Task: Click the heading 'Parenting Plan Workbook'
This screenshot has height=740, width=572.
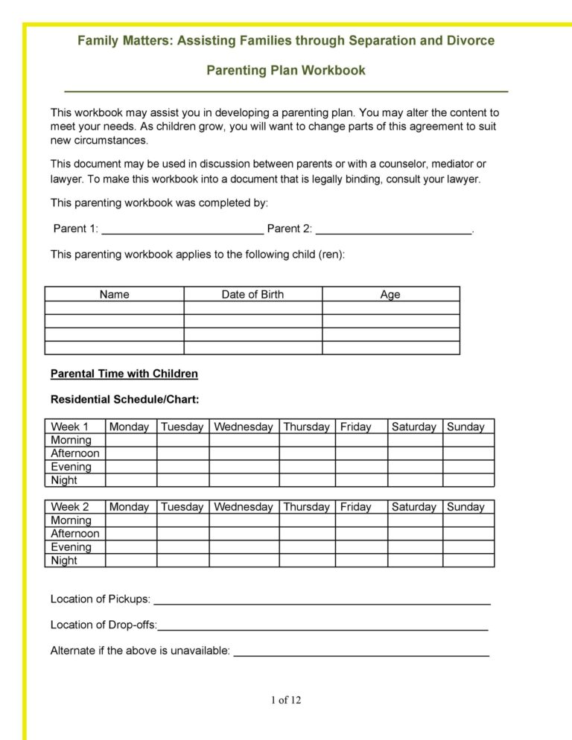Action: point(286,71)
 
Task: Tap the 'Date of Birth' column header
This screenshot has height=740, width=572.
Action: point(252,294)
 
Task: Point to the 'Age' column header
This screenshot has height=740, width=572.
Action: point(390,294)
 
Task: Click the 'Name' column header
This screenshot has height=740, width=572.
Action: point(114,294)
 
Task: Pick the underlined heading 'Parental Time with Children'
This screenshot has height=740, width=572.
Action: point(124,374)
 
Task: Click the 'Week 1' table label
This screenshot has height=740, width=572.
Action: point(69,427)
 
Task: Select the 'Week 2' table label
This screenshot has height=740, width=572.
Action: point(69,507)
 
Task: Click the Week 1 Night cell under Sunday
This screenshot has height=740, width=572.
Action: point(468,480)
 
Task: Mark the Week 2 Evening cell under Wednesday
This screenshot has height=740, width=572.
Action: point(244,547)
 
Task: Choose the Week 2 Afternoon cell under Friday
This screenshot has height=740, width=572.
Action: point(361,534)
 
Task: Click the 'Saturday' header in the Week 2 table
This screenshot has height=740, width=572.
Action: point(413,507)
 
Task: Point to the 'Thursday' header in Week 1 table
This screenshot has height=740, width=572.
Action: point(306,427)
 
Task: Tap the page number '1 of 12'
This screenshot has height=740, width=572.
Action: point(286,700)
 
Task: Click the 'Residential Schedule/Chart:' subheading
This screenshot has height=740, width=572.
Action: point(124,400)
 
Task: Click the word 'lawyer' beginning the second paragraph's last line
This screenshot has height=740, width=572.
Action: point(67,179)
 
